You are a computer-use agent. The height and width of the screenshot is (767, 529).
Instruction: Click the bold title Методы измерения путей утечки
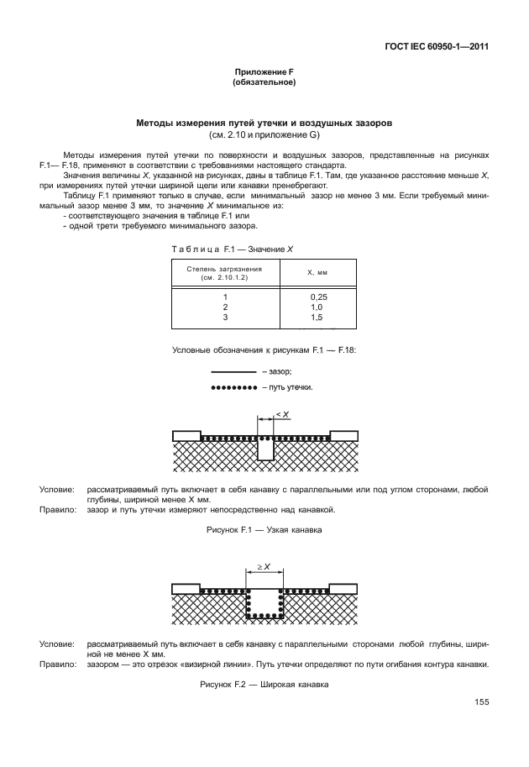point(264,123)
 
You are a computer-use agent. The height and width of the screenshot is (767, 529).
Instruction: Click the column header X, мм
point(317,272)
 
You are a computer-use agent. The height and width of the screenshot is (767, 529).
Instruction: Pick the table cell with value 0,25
point(317,297)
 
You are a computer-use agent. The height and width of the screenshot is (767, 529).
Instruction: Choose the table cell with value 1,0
point(317,307)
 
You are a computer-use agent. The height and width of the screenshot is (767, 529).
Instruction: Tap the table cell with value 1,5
point(317,318)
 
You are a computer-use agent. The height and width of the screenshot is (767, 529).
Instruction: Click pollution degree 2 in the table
point(224,307)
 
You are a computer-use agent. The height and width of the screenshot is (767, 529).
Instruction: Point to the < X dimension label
point(282,415)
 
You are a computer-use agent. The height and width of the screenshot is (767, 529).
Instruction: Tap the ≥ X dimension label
point(264,567)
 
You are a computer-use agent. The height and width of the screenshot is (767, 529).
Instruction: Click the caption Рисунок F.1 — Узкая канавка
point(264,530)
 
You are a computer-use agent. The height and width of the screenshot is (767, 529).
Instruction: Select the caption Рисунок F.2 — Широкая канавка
point(264,685)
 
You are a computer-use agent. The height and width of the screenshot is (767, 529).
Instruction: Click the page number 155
point(481,702)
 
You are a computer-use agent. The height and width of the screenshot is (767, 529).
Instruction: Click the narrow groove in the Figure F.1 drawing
point(265,449)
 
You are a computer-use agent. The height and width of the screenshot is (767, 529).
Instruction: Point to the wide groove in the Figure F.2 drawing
point(265,602)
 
